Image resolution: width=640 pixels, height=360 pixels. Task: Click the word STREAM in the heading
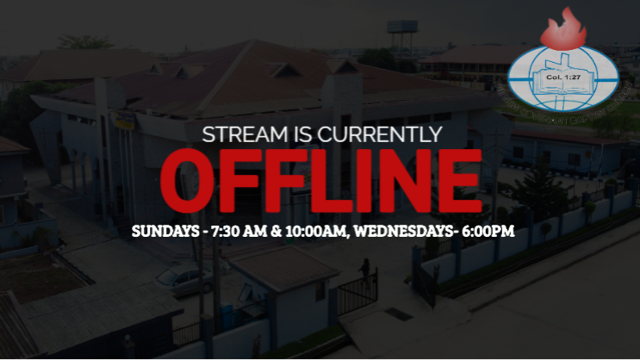pyautogui.click(x=240, y=135)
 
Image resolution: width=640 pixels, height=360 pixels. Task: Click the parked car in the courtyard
pyautogui.click(x=182, y=277)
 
